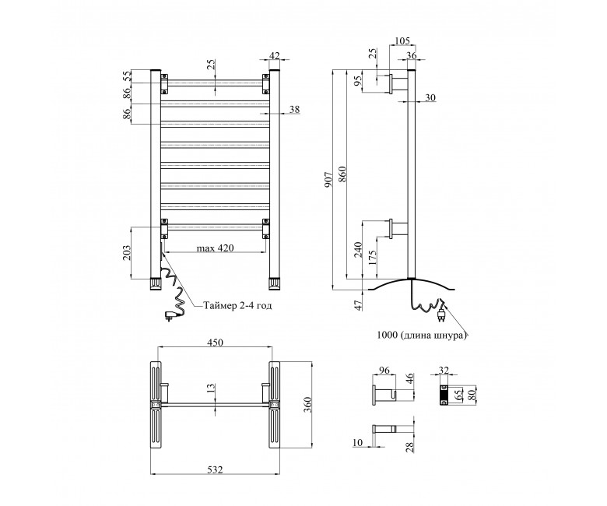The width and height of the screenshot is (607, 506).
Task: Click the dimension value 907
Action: tap(328, 180)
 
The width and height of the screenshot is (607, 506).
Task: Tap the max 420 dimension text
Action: tap(216, 248)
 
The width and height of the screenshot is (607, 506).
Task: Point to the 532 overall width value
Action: tap(216, 469)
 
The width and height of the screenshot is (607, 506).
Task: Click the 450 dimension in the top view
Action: tap(216, 343)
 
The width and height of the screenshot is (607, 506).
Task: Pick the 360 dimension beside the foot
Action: tap(307, 405)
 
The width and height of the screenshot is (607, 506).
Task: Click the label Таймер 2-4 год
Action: tap(238, 305)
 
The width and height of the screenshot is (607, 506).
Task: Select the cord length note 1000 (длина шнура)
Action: tap(421, 335)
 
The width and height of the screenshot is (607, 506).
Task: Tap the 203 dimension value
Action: tap(128, 252)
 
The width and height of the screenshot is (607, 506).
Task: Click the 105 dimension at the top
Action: tap(402, 41)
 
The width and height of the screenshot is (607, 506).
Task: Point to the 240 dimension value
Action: tap(358, 250)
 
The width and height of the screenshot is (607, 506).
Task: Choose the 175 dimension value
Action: tap(373, 257)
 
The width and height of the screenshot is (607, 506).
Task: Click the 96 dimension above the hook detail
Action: tap(384, 370)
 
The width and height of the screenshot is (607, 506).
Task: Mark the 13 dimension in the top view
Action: tap(211, 388)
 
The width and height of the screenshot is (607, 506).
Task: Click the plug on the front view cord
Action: tap(170, 315)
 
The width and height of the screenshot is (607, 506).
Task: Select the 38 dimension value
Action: tap(295, 109)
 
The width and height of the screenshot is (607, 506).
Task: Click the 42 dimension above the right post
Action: tap(274, 56)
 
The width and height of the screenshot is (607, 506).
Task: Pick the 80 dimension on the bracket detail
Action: tap(472, 395)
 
